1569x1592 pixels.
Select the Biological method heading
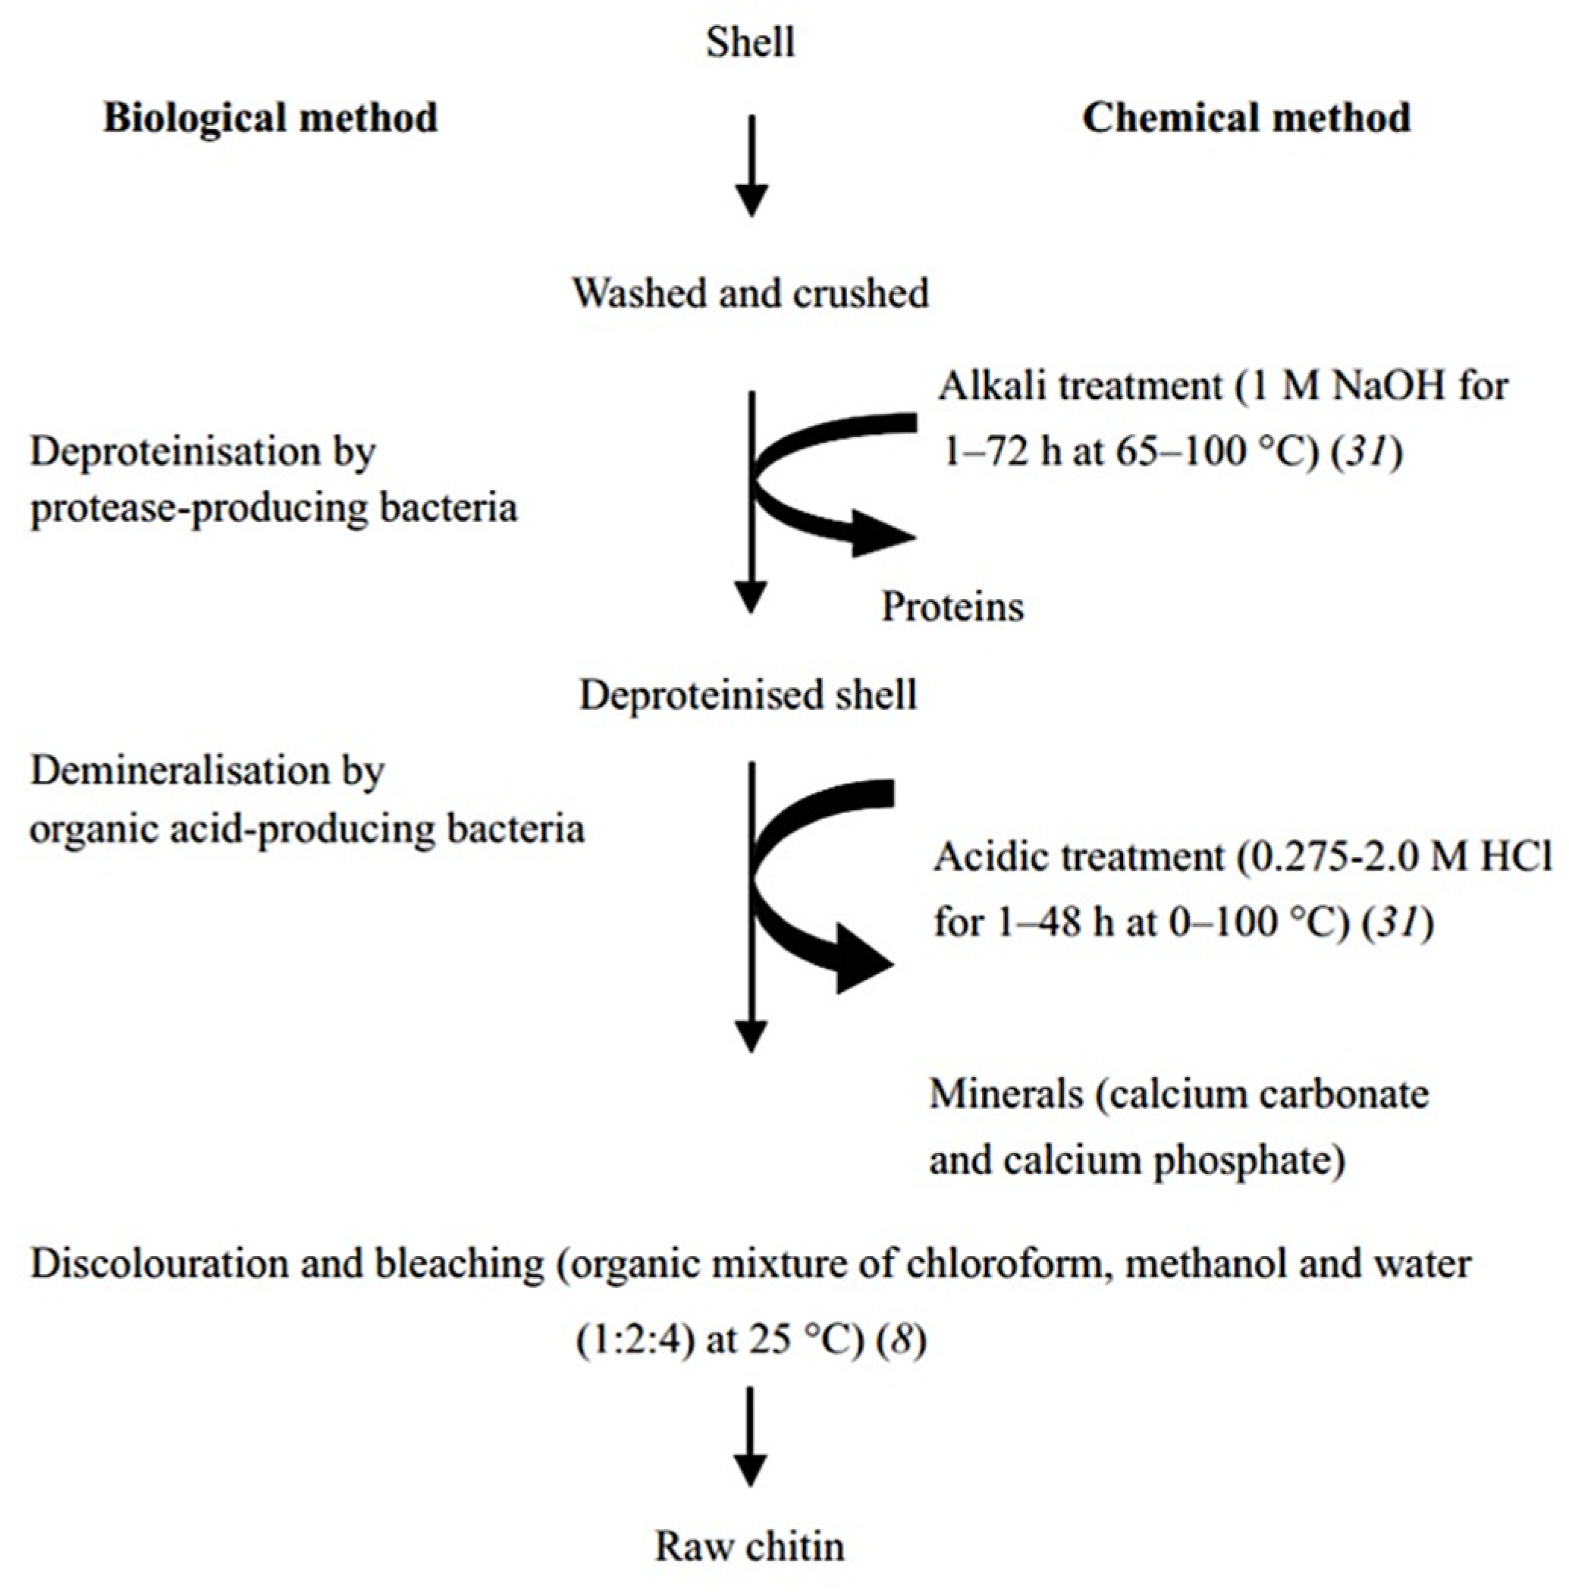[x=270, y=118]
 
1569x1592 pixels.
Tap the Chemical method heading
[x=1246, y=118]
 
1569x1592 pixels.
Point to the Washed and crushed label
[x=751, y=294]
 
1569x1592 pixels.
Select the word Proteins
[x=952, y=608]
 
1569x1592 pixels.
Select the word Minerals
[x=1006, y=1094]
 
